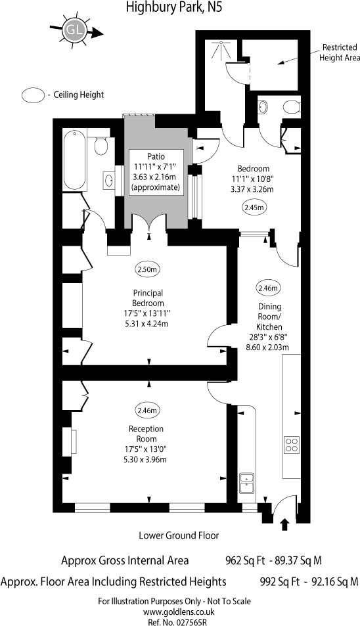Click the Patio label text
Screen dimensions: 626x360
[156, 156]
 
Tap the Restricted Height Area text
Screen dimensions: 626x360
[340, 53]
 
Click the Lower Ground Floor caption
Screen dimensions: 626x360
[179, 535]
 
